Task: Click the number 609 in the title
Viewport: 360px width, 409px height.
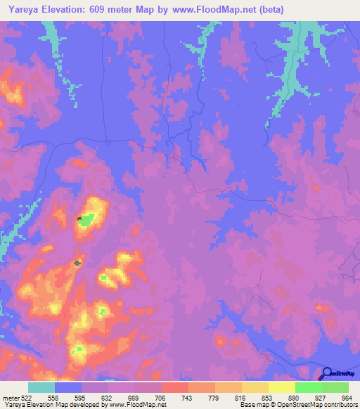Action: tap(100, 8)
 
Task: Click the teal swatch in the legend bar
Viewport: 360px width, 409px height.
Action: tap(41, 387)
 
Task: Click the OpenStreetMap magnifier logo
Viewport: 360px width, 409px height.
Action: tap(327, 373)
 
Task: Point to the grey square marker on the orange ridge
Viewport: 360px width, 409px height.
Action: tap(77, 263)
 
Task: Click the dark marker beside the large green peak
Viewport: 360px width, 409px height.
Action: tap(79, 219)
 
